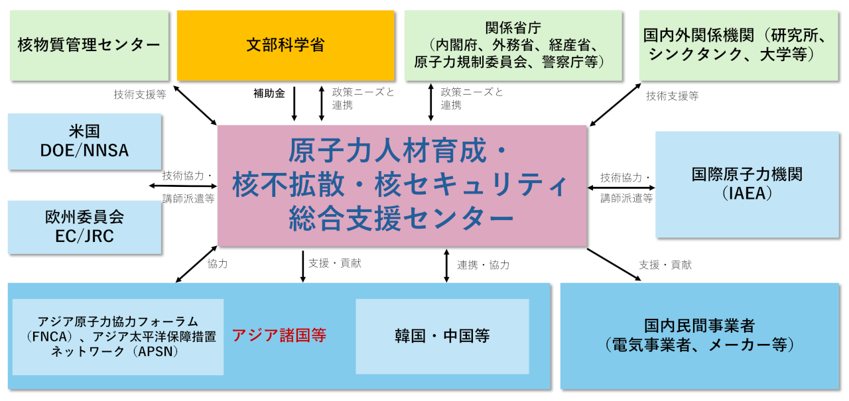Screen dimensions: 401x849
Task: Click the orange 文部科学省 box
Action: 285,45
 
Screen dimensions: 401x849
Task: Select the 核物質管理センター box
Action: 89,45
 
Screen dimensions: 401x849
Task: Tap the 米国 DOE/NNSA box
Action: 84,141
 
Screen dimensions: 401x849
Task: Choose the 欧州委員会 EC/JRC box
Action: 84,227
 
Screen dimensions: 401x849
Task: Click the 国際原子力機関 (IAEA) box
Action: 747,184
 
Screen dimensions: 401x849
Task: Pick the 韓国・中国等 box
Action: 442,336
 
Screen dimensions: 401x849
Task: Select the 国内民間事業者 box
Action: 699,335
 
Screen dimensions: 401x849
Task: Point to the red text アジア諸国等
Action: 279,335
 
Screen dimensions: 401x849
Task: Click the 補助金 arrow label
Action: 269,94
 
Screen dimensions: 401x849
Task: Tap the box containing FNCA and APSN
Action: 117,337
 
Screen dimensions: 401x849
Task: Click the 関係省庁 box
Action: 513,45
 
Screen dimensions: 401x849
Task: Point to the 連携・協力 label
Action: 483,265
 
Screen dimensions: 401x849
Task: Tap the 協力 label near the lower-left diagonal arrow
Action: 218,264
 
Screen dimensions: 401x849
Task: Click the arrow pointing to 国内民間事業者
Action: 614,265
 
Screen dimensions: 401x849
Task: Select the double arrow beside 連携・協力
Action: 446,265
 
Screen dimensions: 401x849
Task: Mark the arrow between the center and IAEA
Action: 621,188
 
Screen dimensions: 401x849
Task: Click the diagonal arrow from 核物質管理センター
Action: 195,104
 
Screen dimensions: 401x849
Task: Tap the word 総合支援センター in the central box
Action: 401,218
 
